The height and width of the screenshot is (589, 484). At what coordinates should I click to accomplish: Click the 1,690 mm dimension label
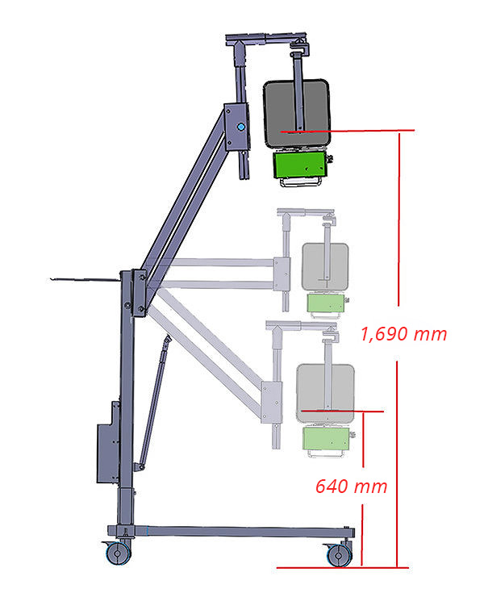click(x=403, y=333)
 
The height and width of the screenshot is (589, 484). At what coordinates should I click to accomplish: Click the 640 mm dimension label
click(x=351, y=487)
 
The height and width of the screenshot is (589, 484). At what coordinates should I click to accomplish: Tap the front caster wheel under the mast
click(x=118, y=553)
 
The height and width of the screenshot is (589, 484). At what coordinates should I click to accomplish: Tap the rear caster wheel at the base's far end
click(x=337, y=553)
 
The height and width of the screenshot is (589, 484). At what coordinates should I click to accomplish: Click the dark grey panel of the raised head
click(x=295, y=113)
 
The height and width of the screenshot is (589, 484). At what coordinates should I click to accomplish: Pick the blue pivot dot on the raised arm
click(x=240, y=127)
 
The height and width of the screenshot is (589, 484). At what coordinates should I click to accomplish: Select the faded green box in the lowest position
click(x=328, y=439)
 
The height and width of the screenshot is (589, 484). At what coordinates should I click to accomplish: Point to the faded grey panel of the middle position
click(x=326, y=266)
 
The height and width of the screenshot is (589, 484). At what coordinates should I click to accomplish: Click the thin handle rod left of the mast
click(x=85, y=280)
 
